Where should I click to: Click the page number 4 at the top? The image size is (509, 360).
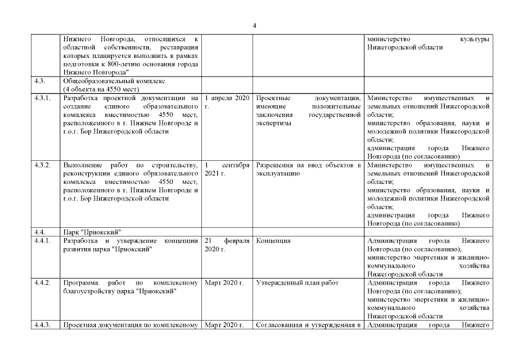(x=254, y=25)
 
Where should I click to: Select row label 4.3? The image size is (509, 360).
(x=39, y=81)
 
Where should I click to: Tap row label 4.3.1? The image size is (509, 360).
(x=42, y=98)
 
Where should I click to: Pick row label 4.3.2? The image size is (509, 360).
(x=42, y=165)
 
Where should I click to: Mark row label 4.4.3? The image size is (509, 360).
(x=42, y=325)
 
